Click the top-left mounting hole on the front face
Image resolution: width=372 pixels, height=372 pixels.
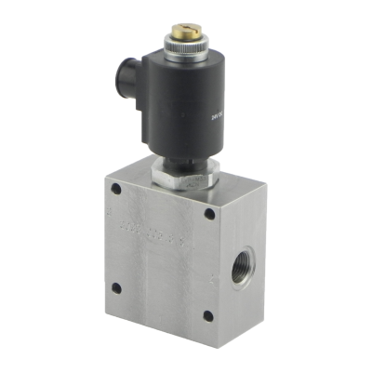click(x=117, y=193)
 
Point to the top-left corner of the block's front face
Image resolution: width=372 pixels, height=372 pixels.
click(x=105, y=180)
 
